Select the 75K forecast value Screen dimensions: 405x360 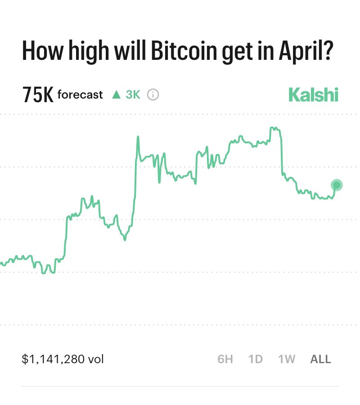click(38, 95)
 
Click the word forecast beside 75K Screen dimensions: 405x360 click(80, 95)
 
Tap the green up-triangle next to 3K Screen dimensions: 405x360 click(117, 95)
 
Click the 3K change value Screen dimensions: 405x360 click(133, 95)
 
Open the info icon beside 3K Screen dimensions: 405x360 click(153, 95)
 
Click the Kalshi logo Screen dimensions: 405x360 click(313, 95)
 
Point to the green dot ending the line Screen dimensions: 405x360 click(337, 185)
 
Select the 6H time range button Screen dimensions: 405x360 click(225, 359)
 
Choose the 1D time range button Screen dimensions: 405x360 click(256, 359)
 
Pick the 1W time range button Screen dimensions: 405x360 click(287, 359)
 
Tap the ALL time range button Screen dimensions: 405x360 click(321, 359)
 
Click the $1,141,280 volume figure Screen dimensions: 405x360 click(54, 359)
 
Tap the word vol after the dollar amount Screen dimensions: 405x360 click(96, 359)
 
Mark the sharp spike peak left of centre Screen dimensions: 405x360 click(137, 137)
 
